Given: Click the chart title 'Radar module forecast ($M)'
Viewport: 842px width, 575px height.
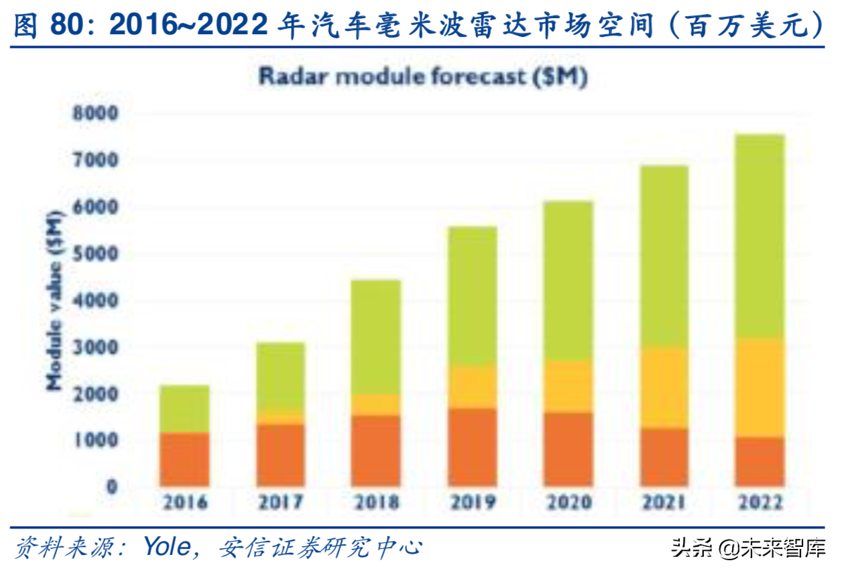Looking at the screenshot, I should click(423, 76).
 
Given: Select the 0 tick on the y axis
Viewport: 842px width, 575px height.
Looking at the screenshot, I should click(111, 487).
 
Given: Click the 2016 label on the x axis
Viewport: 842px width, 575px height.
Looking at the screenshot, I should click(184, 502).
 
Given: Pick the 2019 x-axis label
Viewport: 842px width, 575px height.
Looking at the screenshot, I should click(473, 502).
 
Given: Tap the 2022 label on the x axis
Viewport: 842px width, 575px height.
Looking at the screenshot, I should click(760, 502).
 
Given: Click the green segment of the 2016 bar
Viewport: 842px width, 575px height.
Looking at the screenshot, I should click(184, 409).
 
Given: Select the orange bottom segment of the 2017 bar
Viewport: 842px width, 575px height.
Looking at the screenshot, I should click(280, 455).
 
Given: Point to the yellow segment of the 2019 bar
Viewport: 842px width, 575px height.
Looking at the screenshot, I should click(473, 387).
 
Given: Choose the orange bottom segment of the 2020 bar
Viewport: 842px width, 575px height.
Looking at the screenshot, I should click(568, 449).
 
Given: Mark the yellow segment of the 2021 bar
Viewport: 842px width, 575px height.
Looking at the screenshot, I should click(664, 387).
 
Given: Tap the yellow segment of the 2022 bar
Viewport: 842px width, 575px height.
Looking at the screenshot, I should click(760, 387).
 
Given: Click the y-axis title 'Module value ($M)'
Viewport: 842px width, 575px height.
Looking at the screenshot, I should click(55, 300).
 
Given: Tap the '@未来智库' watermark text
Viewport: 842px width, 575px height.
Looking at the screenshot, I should click(771, 548).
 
